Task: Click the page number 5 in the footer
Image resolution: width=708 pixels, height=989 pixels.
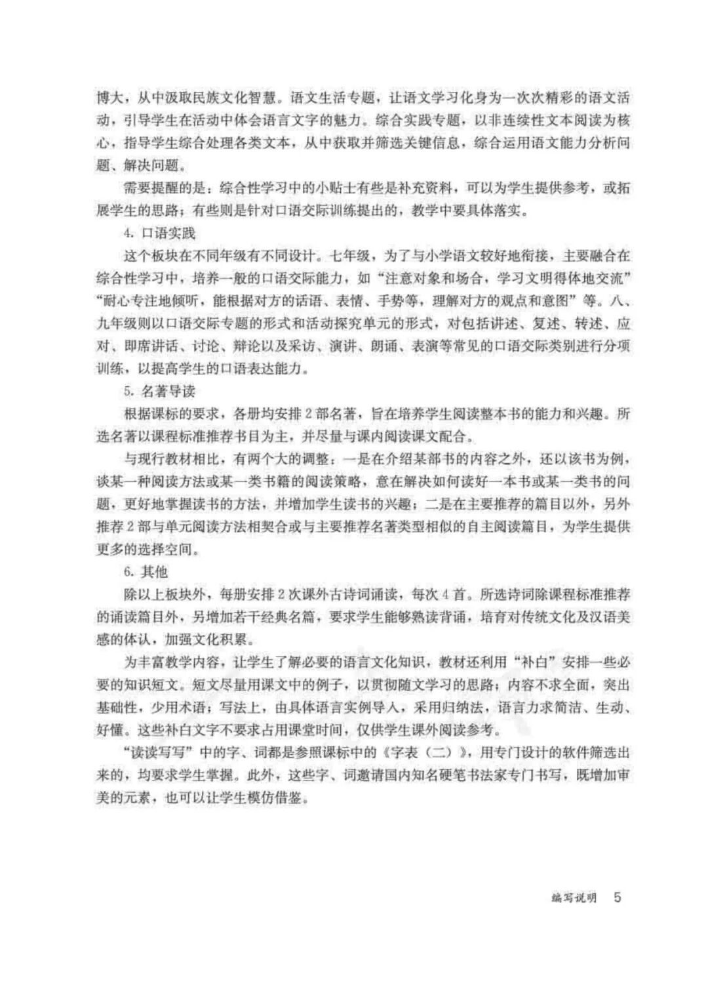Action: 616,897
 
